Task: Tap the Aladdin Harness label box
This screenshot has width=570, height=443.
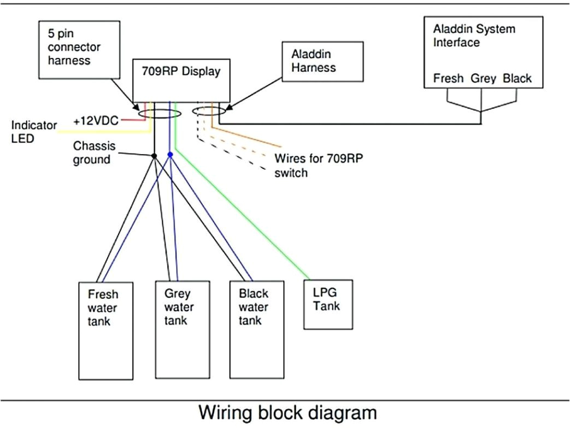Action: coord(323,61)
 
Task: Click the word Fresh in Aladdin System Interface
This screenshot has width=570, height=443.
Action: coord(448,78)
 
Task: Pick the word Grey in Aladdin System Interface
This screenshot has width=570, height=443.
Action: coord(483,78)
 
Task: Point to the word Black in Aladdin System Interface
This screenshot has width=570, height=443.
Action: coord(517,78)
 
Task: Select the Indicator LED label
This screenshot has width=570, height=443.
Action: coord(34,132)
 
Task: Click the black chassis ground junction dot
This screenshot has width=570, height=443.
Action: coord(154,156)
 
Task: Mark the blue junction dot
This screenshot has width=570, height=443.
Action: coord(171,155)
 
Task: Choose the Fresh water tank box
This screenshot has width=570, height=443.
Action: coord(106,330)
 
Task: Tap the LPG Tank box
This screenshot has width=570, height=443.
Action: coord(328,304)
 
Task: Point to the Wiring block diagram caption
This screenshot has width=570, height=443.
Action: coord(287,412)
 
